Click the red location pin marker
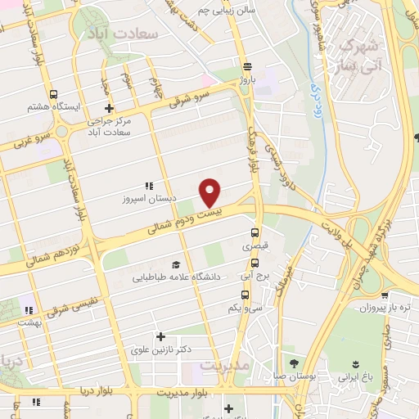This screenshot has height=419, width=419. click(x=210, y=192)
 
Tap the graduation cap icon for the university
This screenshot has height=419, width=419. click(x=175, y=264)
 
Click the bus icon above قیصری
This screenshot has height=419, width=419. click(x=255, y=232)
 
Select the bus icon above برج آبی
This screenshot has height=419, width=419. click(x=255, y=264)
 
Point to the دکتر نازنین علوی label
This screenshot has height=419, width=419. click(x=161, y=349)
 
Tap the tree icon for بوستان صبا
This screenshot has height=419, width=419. click(x=294, y=365)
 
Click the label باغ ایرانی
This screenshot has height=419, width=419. click(x=355, y=379)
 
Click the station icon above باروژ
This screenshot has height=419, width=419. click(x=247, y=67)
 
